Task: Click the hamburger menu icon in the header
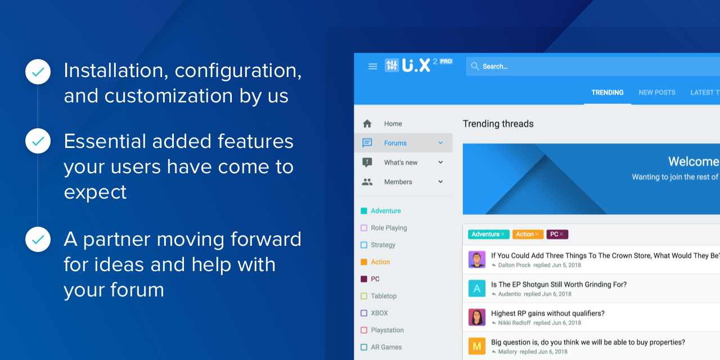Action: pyautogui.click(x=372, y=66)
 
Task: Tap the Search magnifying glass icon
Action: pyautogui.click(x=475, y=66)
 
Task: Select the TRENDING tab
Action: pyautogui.click(x=607, y=93)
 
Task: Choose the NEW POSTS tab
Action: pyautogui.click(x=656, y=93)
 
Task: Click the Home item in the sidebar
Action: pyautogui.click(x=393, y=124)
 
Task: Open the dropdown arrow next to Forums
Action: pyautogui.click(x=440, y=143)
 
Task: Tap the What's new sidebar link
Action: pyautogui.click(x=401, y=163)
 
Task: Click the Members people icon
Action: pyautogui.click(x=367, y=182)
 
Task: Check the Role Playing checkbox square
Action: pyautogui.click(x=364, y=228)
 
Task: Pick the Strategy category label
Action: pyautogui.click(x=383, y=245)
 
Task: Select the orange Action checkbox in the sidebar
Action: pyautogui.click(x=364, y=262)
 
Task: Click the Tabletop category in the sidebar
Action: pyautogui.click(x=384, y=296)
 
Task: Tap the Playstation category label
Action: pyautogui.click(x=387, y=330)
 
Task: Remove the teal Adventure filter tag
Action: pyautogui.click(x=503, y=235)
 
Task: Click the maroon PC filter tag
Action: pyautogui.click(x=557, y=235)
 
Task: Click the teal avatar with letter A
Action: pyautogui.click(x=476, y=289)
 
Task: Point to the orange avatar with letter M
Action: pyautogui.click(x=476, y=346)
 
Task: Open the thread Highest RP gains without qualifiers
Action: pyautogui.click(x=548, y=313)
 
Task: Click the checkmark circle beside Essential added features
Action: pyautogui.click(x=38, y=141)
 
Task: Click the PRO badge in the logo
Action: pyautogui.click(x=446, y=61)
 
